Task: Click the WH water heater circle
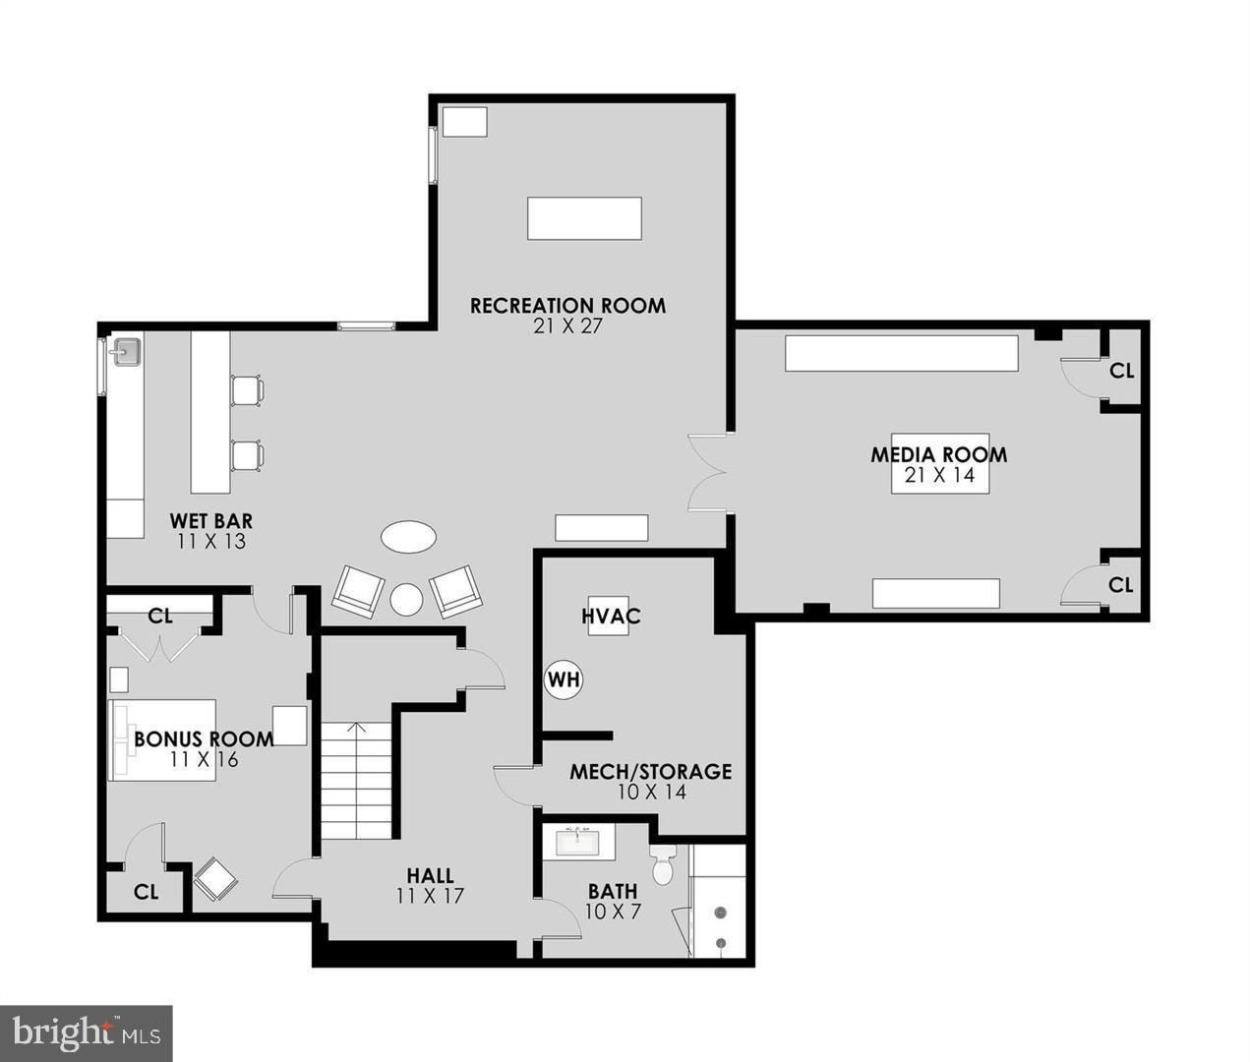tap(564, 679)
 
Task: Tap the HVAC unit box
tap(609, 616)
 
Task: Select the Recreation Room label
tap(567, 306)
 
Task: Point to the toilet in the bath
tap(662, 863)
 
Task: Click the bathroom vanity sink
tap(578, 843)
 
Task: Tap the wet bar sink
tap(126, 351)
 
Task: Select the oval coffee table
tap(408, 537)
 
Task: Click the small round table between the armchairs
tap(405, 598)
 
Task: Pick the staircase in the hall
tap(356, 781)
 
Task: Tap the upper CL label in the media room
tap(1121, 371)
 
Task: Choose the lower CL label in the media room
tap(1120, 585)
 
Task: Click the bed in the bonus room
tap(163, 739)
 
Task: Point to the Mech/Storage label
tap(650, 772)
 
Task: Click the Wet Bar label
tap(211, 520)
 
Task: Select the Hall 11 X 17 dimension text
tap(430, 896)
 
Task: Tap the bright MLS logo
tap(87, 1032)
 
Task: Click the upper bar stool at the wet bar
tap(247, 390)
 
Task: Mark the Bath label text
tap(613, 892)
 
